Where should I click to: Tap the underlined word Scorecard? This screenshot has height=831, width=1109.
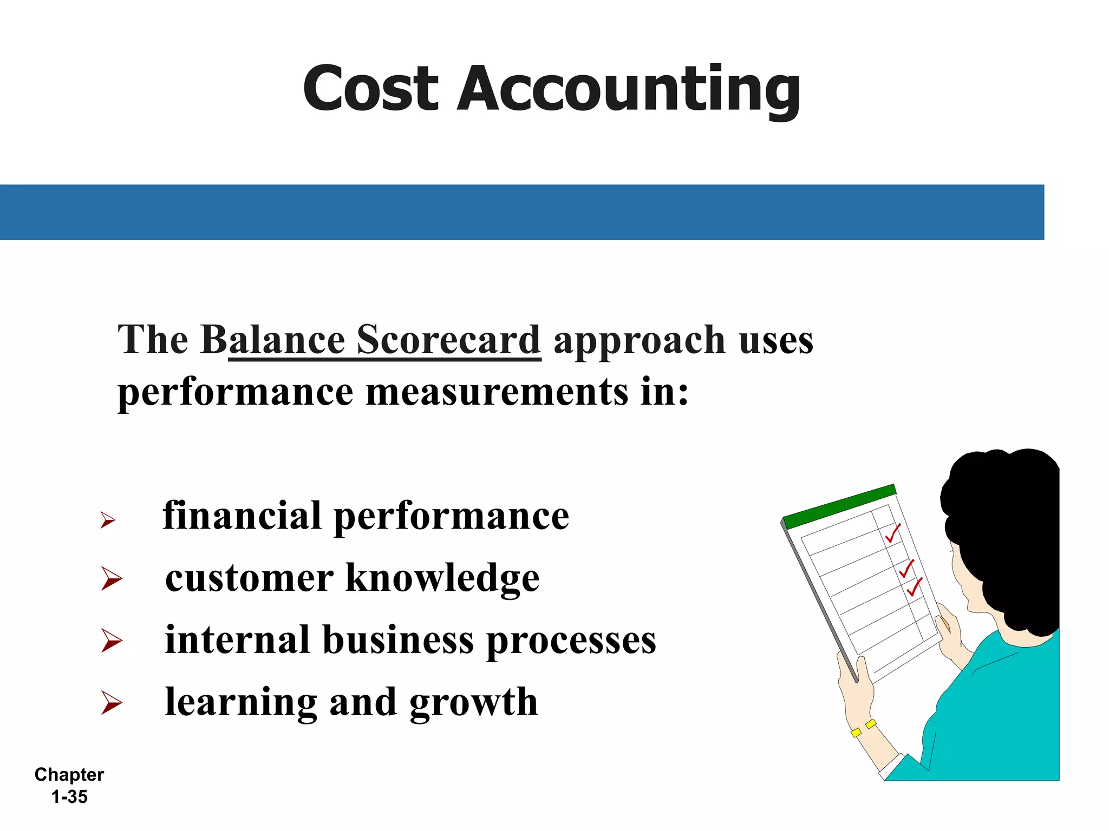(x=448, y=340)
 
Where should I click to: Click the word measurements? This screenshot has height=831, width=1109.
(x=497, y=392)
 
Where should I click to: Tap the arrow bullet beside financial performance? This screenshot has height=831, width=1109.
(x=108, y=520)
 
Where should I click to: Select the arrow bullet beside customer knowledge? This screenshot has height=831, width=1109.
(x=112, y=578)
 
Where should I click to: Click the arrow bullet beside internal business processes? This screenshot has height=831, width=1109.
(x=112, y=641)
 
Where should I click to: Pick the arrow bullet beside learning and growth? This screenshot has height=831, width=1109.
(x=112, y=702)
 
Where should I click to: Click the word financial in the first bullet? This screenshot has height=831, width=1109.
(x=242, y=516)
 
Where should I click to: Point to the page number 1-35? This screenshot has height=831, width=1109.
(x=69, y=797)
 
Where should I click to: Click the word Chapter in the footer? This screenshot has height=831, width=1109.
(x=69, y=775)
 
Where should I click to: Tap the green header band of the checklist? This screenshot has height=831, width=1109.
(x=839, y=506)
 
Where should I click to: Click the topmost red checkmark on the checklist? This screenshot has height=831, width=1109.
(x=892, y=533)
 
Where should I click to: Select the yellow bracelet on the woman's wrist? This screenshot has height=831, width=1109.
(x=863, y=728)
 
